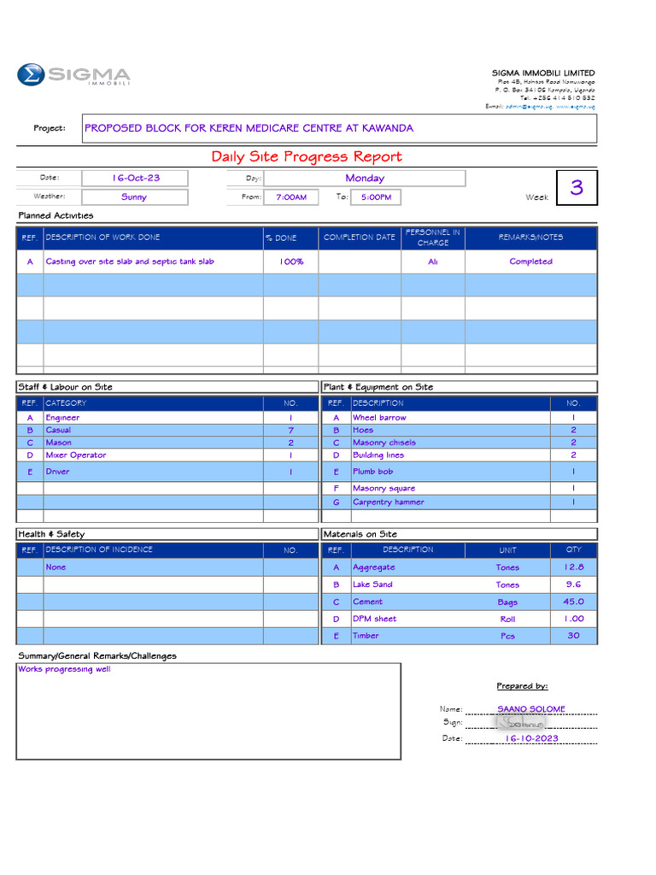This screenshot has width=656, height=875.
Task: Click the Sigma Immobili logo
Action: tap(73, 75)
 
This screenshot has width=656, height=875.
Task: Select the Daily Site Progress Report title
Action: tap(307, 156)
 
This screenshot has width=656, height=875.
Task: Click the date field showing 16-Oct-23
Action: tap(136, 178)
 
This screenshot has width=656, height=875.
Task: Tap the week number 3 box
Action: tap(577, 187)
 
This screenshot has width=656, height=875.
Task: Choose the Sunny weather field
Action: tap(134, 197)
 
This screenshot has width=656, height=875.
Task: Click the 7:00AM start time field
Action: tap(290, 197)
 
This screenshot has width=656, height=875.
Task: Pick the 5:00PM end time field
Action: tap(376, 197)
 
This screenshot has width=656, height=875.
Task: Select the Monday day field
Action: tap(365, 178)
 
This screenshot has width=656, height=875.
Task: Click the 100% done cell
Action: tap(290, 261)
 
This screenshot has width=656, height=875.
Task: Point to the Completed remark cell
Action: tap(530, 261)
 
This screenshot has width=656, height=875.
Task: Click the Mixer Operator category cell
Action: tap(76, 455)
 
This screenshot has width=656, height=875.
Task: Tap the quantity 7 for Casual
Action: tap(290, 431)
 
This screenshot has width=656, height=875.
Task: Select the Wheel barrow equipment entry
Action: tap(379, 418)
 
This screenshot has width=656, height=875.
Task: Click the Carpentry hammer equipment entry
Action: tap(389, 502)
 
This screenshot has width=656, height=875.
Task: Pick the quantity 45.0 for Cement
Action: tap(573, 602)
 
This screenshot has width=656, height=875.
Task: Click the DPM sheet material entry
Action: tap(374, 619)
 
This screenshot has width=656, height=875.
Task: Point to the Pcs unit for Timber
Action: tap(507, 636)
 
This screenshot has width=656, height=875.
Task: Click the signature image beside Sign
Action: tap(520, 722)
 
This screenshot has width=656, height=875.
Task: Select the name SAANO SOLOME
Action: tap(530, 708)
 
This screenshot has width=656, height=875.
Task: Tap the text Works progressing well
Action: tap(64, 669)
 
